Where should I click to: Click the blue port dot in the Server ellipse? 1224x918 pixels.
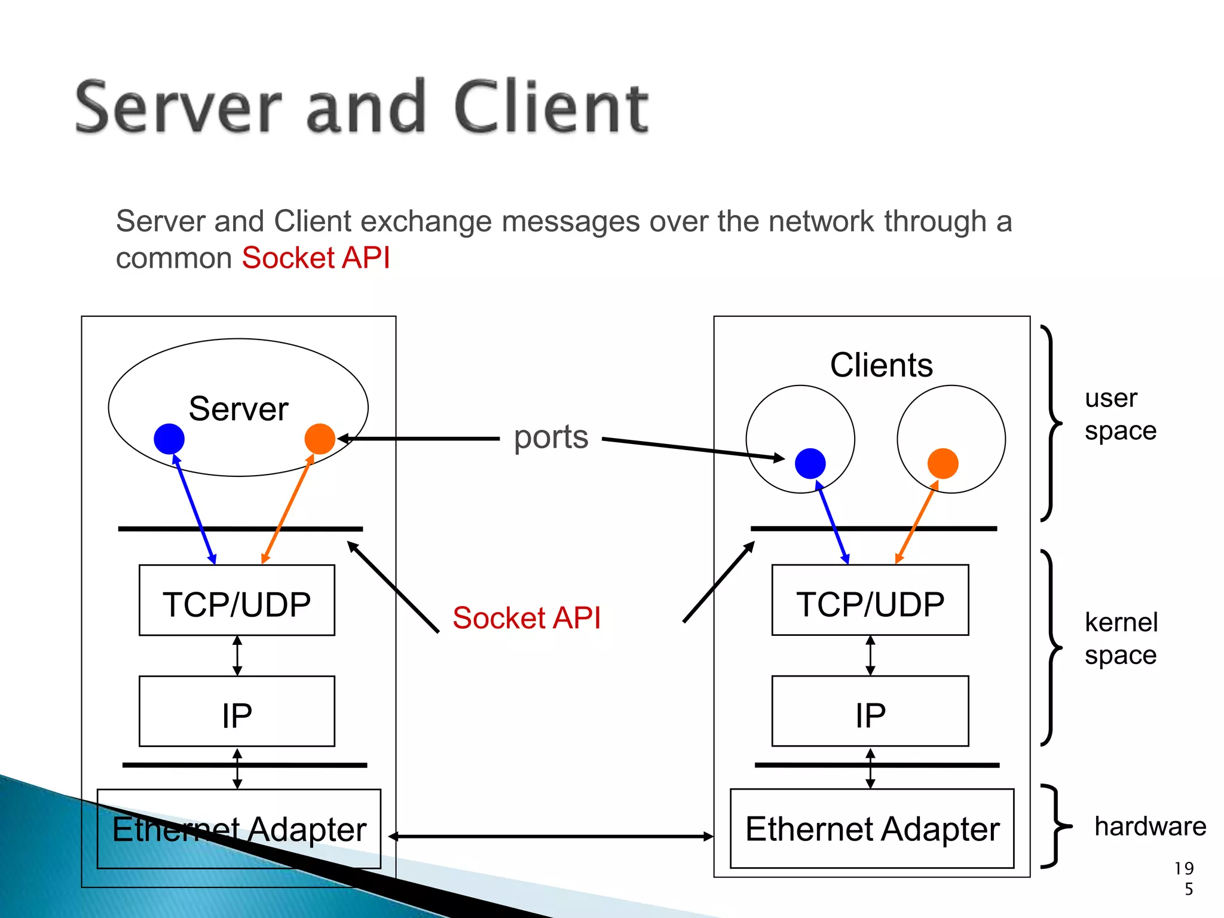[169, 439]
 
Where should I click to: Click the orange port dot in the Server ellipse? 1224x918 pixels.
[320, 439]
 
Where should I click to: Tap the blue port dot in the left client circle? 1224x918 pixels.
[810, 463]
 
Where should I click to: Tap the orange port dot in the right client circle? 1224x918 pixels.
[943, 463]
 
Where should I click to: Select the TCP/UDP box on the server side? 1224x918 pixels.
[237, 600]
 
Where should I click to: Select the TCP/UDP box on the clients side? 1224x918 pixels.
[870, 600]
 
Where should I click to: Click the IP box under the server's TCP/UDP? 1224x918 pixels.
[237, 711]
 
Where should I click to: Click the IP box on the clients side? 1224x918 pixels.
[870, 711]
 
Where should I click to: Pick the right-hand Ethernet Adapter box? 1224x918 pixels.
[872, 828]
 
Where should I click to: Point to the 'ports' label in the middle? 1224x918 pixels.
[550, 437]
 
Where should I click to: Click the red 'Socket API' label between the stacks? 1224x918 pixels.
[526, 618]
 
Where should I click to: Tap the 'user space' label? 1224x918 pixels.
[1119, 414]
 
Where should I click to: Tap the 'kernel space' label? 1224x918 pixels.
[1121, 638]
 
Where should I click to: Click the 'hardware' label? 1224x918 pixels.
[1150, 827]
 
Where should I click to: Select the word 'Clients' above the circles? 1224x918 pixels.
[881, 365]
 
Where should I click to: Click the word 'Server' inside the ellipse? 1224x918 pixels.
[238, 409]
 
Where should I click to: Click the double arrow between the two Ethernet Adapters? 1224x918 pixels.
[550, 836]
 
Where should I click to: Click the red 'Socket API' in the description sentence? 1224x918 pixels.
[316, 258]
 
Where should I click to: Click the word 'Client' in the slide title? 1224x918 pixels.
[550, 108]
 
